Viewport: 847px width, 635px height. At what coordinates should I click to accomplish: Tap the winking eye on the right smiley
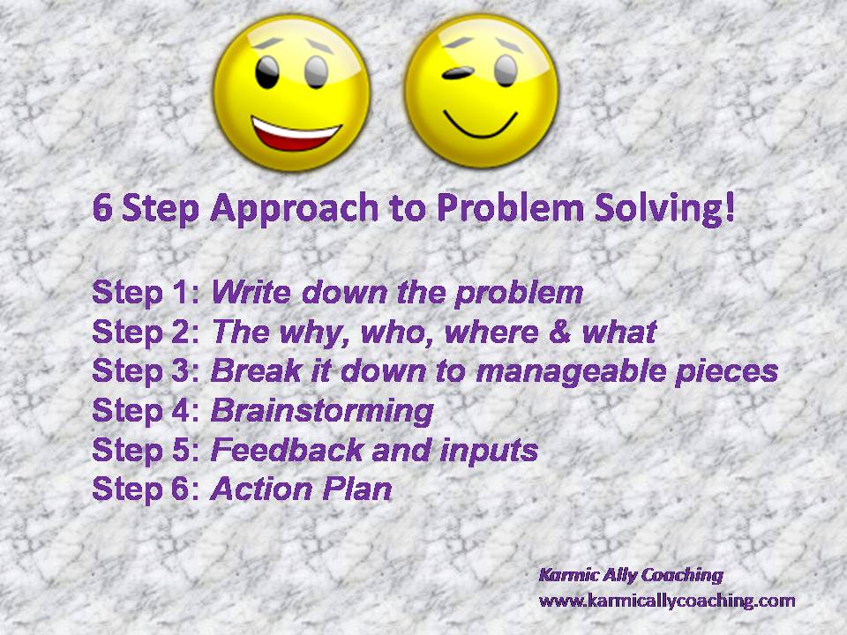pos(457,73)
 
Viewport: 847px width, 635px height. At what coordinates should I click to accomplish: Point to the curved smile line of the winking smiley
pos(480,125)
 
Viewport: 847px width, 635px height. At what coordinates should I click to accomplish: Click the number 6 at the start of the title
pos(102,208)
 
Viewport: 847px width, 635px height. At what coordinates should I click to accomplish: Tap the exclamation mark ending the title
pos(730,207)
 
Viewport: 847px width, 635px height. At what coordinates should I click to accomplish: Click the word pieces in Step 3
pos(726,372)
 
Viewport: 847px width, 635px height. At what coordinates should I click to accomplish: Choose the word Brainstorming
pos(323,412)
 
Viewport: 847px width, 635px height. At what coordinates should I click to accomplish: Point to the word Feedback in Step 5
pos(287,450)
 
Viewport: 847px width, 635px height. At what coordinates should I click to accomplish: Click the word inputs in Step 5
pos(489,452)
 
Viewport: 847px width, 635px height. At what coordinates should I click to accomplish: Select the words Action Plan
pos(301,489)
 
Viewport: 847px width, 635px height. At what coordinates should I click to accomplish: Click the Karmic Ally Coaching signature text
pos(631,575)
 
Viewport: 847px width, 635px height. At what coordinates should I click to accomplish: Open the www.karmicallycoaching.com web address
pos(667,601)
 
